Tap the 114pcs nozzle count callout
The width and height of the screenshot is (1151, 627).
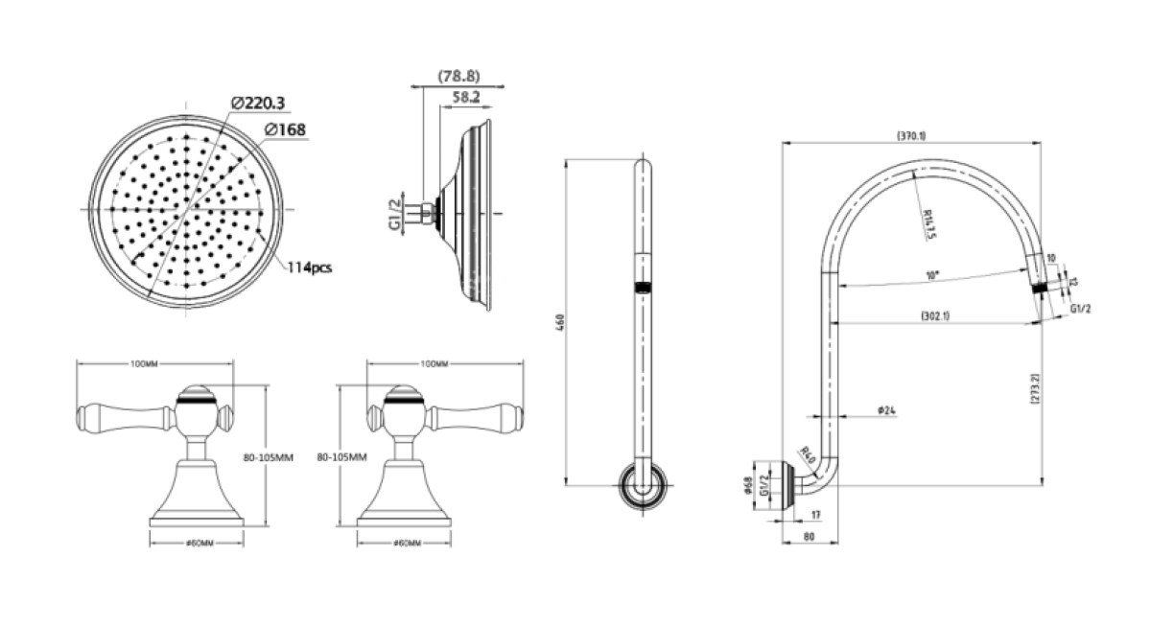click(x=310, y=267)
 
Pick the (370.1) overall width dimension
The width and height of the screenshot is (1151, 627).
click(x=910, y=136)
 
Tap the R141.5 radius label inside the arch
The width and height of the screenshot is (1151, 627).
click(x=928, y=224)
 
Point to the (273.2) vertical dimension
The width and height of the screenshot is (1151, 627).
click(x=1035, y=388)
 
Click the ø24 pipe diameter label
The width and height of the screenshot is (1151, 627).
click(x=886, y=410)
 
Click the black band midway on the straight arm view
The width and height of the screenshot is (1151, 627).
click(x=641, y=286)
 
